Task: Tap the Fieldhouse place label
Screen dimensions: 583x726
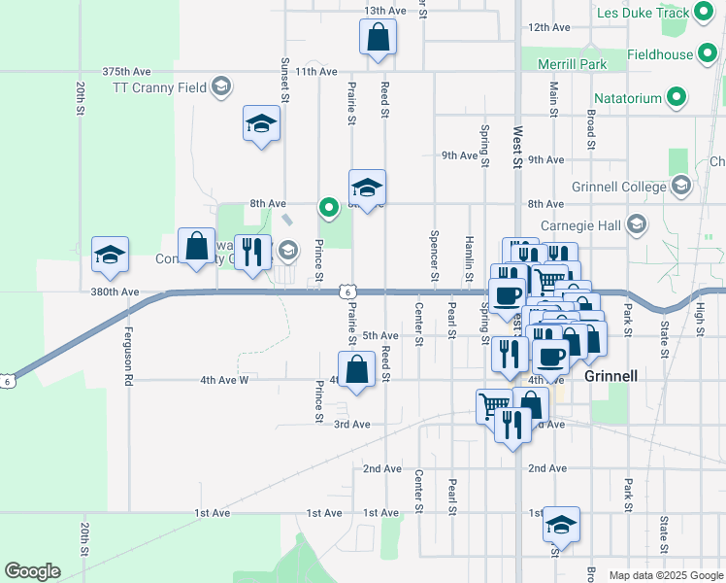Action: (659, 55)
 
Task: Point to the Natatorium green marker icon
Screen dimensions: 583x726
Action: (678, 98)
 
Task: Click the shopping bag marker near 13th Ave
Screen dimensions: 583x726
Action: (378, 39)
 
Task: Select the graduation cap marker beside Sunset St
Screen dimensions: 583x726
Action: (260, 124)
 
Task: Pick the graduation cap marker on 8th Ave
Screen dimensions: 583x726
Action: (368, 188)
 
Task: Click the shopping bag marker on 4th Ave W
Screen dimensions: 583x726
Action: (357, 370)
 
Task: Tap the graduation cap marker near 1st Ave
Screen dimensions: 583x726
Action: (561, 525)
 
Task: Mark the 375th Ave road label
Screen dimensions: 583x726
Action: (127, 72)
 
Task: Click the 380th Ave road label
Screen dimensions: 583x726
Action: (115, 291)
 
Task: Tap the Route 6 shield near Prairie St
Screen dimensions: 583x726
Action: (346, 291)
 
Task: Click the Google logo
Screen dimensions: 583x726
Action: (32, 571)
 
